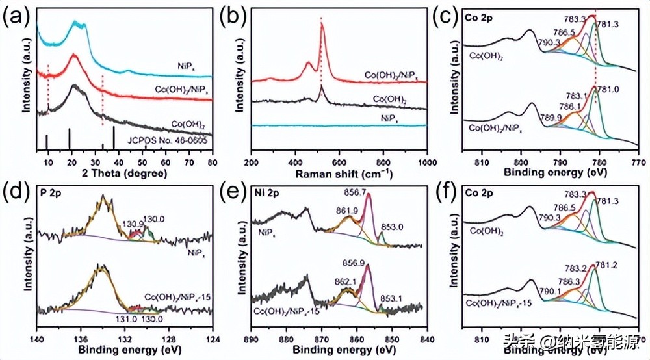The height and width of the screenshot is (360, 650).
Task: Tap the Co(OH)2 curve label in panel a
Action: (x=184, y=122)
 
